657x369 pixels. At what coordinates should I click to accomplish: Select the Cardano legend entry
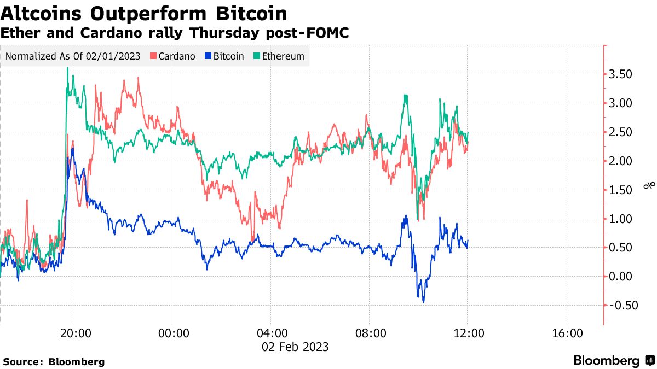pos(172,56)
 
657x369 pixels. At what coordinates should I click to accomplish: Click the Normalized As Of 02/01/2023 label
pos(73,56)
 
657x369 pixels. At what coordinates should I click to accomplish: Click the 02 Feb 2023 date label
pos(295,347)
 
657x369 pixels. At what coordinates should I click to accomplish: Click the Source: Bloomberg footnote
pos(54,361)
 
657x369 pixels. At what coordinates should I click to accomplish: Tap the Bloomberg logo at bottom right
pos(613,360)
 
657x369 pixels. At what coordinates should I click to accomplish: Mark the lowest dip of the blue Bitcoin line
pos(423,302)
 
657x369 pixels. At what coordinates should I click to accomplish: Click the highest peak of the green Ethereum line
pos(67,68)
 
